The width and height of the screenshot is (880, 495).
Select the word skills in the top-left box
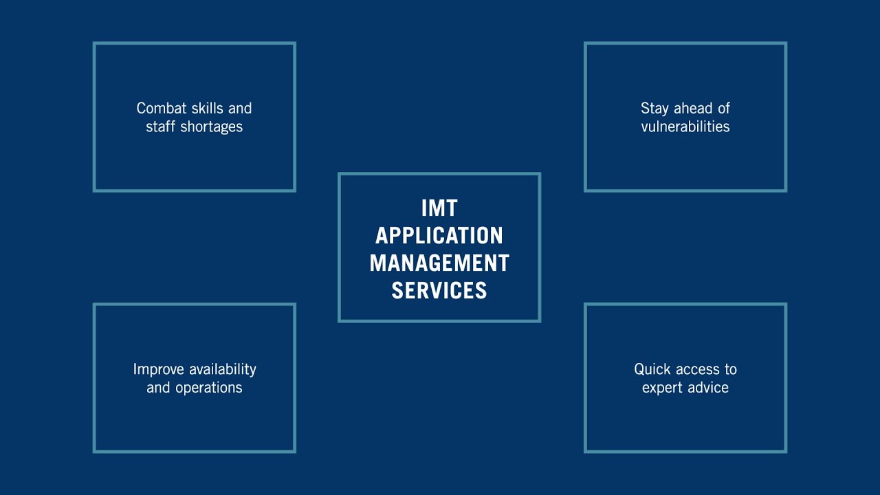click(x=208, y=109)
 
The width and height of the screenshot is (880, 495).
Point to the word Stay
click(x=654, y=109)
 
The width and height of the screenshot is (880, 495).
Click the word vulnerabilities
click(x=685, y=127)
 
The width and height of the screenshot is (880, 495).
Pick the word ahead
click(x=692, y=109)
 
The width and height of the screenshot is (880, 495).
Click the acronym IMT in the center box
click(x=439, y=208)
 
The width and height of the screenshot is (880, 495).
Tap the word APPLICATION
click(x=439, y=236)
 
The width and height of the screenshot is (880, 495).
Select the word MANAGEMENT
click(x=439, y=263)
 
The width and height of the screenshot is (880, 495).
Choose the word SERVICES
click(x=439, y=291)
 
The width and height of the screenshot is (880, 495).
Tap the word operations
click(x=208, y=388)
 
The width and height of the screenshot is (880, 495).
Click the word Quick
click(x=652, y=370)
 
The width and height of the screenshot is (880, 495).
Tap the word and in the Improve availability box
click(x=158, y=388)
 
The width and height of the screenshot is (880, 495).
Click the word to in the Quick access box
click(x=729, y=370)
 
